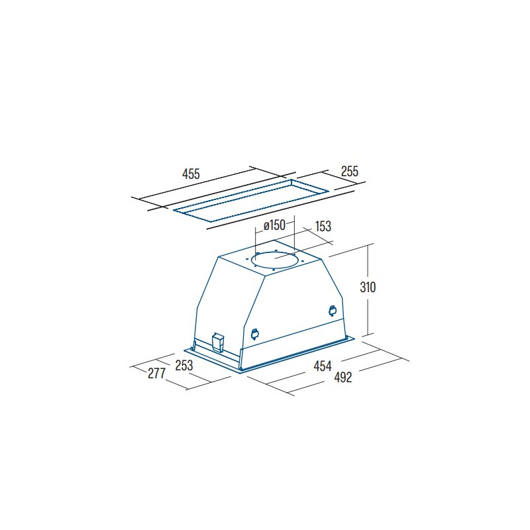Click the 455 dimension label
pos(191,174)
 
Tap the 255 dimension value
pos(349,172)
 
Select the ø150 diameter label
pos(274,225)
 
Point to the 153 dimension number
pos(323,226)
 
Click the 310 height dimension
pos(368,288)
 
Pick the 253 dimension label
pos(184,365)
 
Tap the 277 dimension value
pos(156,373)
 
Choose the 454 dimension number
pos(323,366)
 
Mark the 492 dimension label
pos(343,377)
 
